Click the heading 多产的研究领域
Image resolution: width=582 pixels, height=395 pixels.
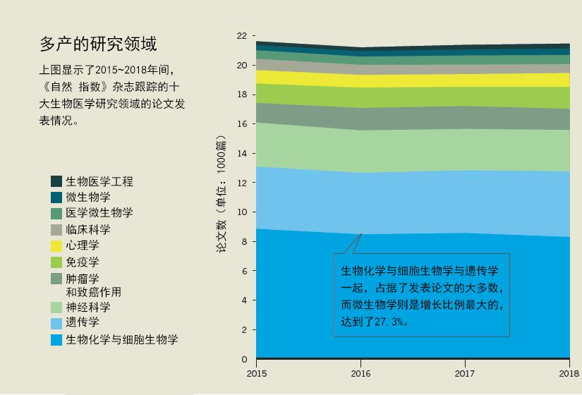coord(98,44)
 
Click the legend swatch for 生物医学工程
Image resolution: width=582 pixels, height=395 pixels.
coord(56,181)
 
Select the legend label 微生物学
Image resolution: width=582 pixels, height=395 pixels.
coord(88,197)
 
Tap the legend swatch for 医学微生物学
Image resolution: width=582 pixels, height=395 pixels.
coord(56,214)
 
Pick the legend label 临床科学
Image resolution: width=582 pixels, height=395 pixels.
coord(88,229)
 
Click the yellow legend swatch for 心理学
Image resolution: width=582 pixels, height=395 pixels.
coord(56,245)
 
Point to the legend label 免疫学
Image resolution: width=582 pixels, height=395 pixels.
coord(83,262)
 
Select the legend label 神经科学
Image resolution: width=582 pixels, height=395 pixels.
coord(88,307)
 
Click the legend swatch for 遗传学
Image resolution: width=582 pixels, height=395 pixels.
coord(56,323)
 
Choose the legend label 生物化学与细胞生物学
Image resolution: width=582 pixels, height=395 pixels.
coord(122,339)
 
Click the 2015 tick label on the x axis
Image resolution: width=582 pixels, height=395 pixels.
coord(257,373)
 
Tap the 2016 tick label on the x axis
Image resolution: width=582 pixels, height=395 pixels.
coord(360,373)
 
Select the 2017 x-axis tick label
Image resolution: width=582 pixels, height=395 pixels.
coord(465,373)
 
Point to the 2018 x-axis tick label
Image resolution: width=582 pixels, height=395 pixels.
coord(569,373)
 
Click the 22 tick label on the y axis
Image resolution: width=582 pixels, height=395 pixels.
coord(242,36)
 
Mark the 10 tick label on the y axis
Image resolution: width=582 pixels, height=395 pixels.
coord(242,212)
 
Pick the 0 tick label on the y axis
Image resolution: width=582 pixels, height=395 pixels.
coord(244,359)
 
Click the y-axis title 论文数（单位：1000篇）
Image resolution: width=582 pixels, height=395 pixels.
coord(221,194)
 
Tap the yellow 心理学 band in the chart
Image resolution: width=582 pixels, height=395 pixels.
coord(413,80)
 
